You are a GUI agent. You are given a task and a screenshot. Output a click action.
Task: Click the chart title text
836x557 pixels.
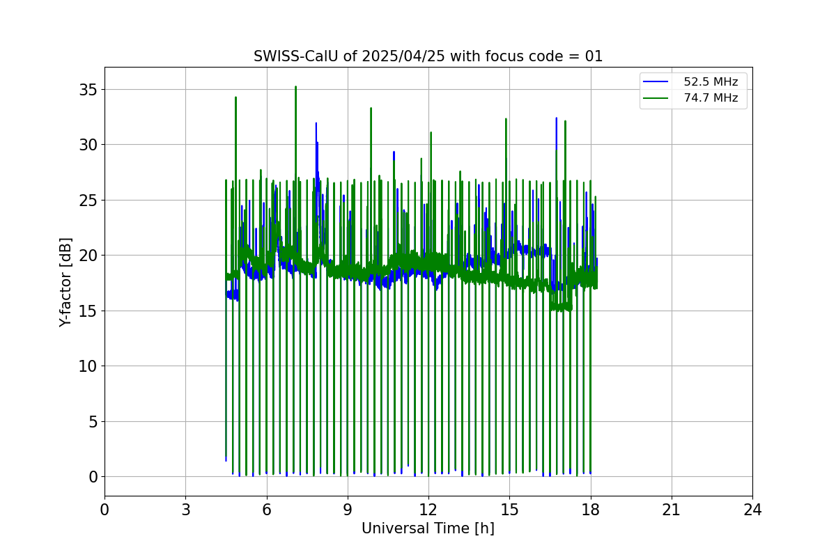(428, 56)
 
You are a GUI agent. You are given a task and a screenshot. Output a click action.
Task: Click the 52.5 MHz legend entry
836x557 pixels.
(711, 82)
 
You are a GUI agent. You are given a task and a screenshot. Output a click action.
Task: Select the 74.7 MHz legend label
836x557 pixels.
(711, 98)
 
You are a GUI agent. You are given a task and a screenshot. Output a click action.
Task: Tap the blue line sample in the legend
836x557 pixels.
(656, 82)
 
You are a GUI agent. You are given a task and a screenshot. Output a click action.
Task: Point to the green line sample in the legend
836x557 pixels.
(656, 98)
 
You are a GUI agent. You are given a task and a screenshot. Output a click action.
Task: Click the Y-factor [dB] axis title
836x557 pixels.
(65, 281)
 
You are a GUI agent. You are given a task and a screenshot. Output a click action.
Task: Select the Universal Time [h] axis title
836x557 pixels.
(428, 528)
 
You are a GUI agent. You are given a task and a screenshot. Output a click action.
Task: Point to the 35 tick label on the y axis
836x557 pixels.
(87, 90)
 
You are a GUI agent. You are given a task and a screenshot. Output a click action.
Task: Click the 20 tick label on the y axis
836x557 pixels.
(87, 256)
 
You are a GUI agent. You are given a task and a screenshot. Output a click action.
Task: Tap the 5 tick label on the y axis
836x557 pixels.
(92, 421)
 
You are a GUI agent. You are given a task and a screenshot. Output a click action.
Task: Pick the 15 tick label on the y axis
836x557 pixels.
(87, 311)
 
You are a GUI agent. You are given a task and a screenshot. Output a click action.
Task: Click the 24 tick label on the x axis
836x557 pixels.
(752, 510)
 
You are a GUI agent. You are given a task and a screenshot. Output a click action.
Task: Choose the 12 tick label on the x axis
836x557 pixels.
(428, 510)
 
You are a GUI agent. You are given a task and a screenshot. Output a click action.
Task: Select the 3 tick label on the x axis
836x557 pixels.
(185, 510)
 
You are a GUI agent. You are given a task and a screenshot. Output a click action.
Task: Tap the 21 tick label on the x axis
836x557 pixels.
(671, 510)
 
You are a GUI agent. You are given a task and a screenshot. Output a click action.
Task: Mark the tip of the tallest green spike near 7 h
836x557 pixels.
(295, 87)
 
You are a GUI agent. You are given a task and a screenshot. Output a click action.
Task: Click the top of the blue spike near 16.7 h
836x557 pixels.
(556, 118)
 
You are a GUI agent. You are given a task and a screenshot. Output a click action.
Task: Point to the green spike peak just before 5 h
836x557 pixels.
(235, 97)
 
